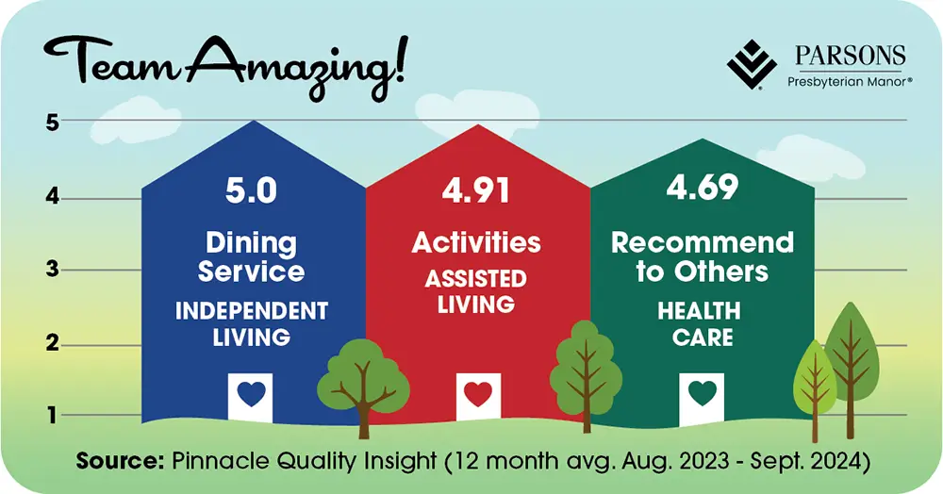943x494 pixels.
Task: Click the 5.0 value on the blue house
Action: point(251,190)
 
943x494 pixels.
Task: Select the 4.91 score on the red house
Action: point(476,190)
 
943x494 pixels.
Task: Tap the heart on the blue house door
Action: point(251,395)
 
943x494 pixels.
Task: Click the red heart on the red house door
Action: point(477,395)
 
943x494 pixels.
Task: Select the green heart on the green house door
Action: point(702,393)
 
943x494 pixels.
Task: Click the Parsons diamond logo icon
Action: point(752,65)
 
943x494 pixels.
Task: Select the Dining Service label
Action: point(251,257)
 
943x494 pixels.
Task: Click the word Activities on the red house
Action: point(476,242)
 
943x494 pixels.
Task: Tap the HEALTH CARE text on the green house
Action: point(702,322)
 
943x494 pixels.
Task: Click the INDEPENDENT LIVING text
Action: point(251,323)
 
